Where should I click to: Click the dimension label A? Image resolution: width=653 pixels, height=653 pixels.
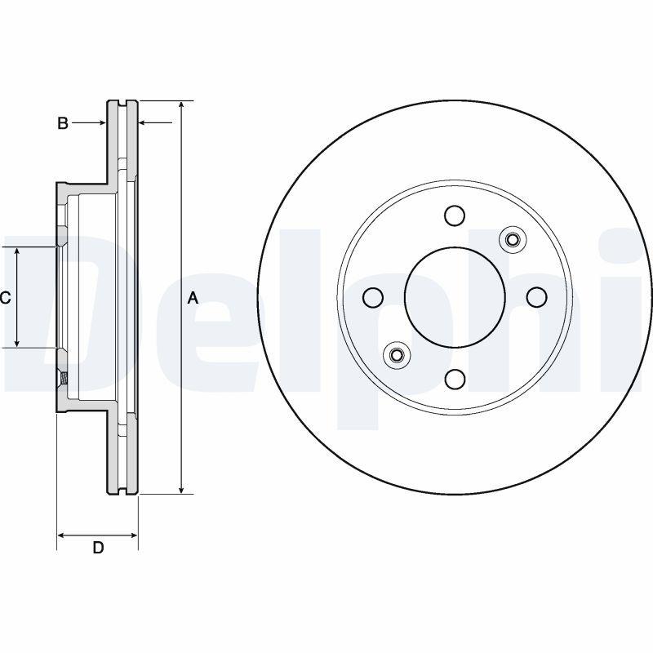click(x=193, y=298)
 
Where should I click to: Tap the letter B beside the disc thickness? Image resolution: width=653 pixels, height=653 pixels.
click(x=62, y=123)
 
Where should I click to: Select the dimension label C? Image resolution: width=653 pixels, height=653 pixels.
click(x=5, y=298)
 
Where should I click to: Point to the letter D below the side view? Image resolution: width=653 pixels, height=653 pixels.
click(x=97, y=548)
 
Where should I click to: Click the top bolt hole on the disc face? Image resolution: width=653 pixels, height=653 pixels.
click(x=455, y=215)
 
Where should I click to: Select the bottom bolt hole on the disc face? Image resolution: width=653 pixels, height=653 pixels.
click(x=455, y=379)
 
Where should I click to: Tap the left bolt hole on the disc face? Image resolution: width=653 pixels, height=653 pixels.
click(x=373, y=297)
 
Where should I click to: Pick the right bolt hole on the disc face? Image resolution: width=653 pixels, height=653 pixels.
click(x=536, y=297)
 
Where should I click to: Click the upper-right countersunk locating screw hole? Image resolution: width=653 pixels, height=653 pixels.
click(x=513, y=239)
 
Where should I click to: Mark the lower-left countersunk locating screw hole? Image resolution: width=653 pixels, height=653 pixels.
click(x=397, y=355)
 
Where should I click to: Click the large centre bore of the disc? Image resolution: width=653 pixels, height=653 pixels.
click(x=455, y=297)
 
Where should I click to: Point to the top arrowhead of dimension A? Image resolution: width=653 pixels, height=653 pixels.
click(x=181, y=105)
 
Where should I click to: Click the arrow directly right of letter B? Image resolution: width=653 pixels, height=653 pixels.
click(x=102, y=123)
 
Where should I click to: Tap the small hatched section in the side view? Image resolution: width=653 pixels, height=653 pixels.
click(x=63, y=378)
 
